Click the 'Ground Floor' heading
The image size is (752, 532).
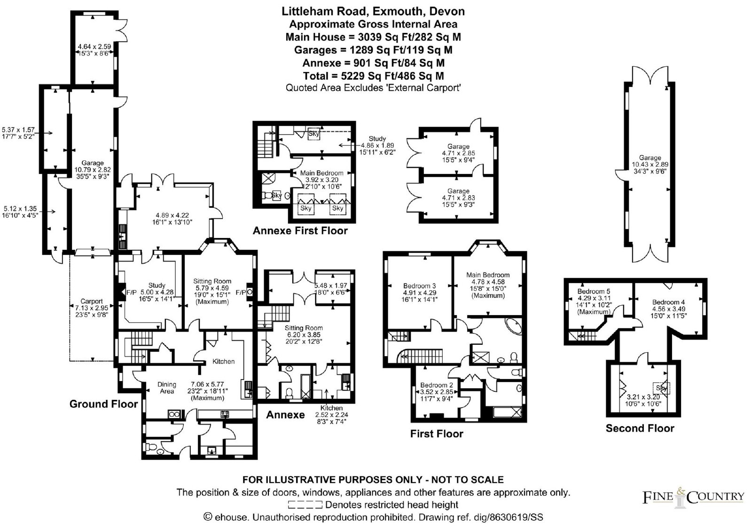click(x=103, y=404)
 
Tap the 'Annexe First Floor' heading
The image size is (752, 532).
click(x=300, y=231)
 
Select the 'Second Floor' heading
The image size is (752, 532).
click(x=640, y=428)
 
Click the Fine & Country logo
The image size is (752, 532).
click(x=693, y=497)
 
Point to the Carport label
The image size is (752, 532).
click(x=92, y=302)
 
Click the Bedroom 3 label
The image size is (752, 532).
click(x=419, y=286)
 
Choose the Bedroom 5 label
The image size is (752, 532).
click(x=594, y=291)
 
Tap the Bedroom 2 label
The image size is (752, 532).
click(x=437, y=385)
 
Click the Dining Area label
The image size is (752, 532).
click(x=167, y=388)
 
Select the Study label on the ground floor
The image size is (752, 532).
click(x=157, y=286)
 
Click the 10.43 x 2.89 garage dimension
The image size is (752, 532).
click(x=650, y=165)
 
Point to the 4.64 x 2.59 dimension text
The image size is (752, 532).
click(x=94, y=47)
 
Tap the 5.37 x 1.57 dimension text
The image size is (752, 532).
click(x=18, y=130)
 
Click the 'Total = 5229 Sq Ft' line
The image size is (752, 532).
click(x=373, y=76)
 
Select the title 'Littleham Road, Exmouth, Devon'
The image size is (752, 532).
click(x=373, y=11)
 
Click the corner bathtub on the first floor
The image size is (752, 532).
click(x=514, y=326)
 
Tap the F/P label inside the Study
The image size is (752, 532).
click(x=131, y=293)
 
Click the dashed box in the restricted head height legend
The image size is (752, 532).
click(x=305, y=504)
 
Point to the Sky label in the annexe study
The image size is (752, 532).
click(x=313, y=134)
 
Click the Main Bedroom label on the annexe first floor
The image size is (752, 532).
click(x=321, y=173)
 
